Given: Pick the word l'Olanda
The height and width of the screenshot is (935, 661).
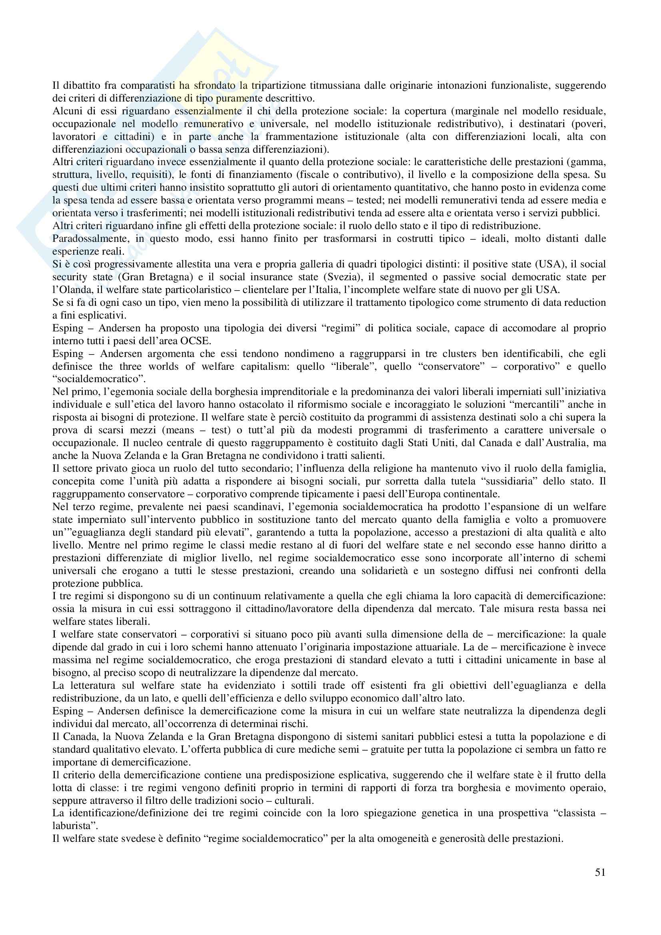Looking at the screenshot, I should (x=68, y=289).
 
